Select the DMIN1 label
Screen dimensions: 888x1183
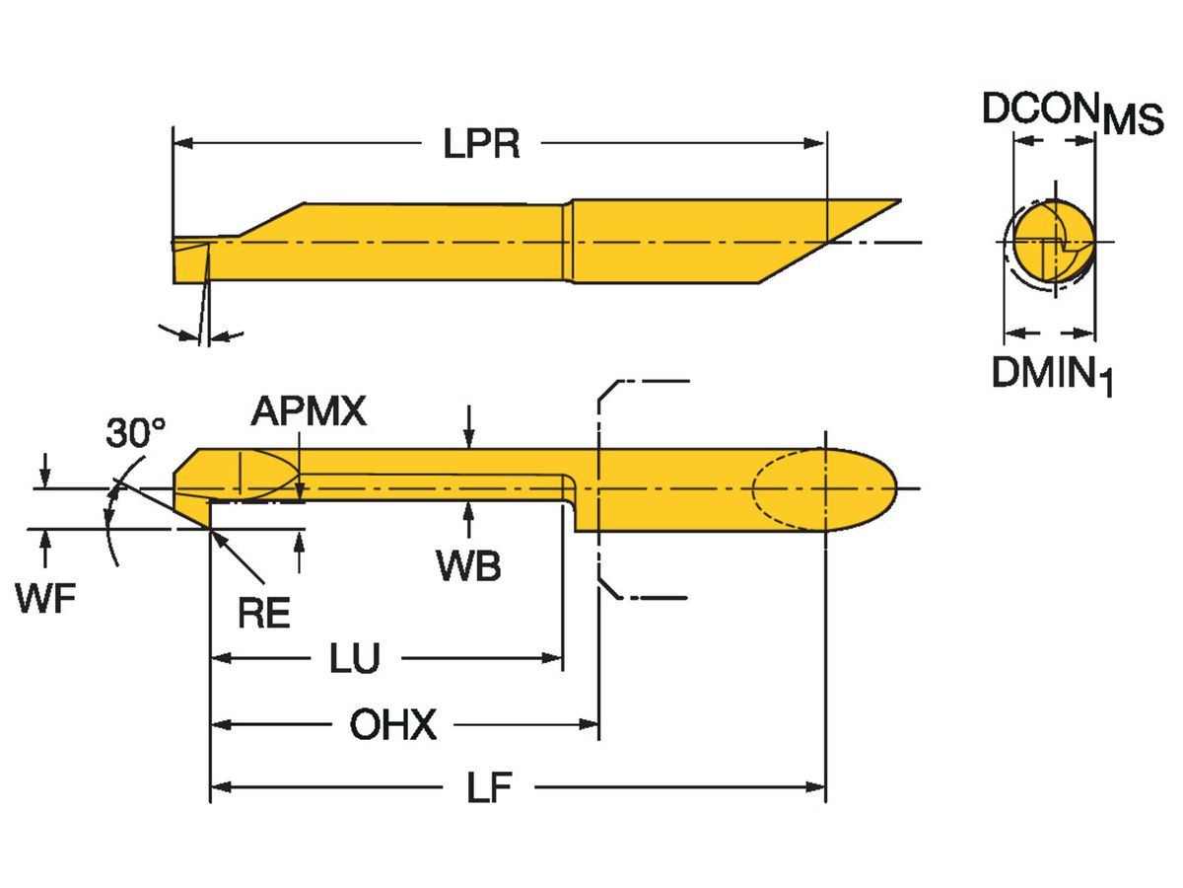tap(1052, 374)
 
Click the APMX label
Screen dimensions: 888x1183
tap(309, 411)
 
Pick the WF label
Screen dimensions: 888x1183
tap(45, 599)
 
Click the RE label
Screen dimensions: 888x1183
tap(264, 613)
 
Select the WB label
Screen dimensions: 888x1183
tap(469, 565)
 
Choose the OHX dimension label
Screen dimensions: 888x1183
tap(392, 726)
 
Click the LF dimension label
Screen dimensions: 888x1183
tap(489, 787)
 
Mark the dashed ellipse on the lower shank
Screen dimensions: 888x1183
tap(789, 489)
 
